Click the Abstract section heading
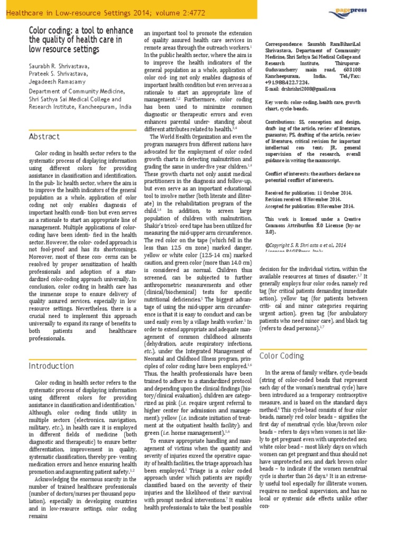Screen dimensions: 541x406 tap(44, 136)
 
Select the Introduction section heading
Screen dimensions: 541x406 tap(51, 366)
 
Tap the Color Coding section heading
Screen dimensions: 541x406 tap(282, 356)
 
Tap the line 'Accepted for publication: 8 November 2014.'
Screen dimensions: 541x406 tap(309, 207)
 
